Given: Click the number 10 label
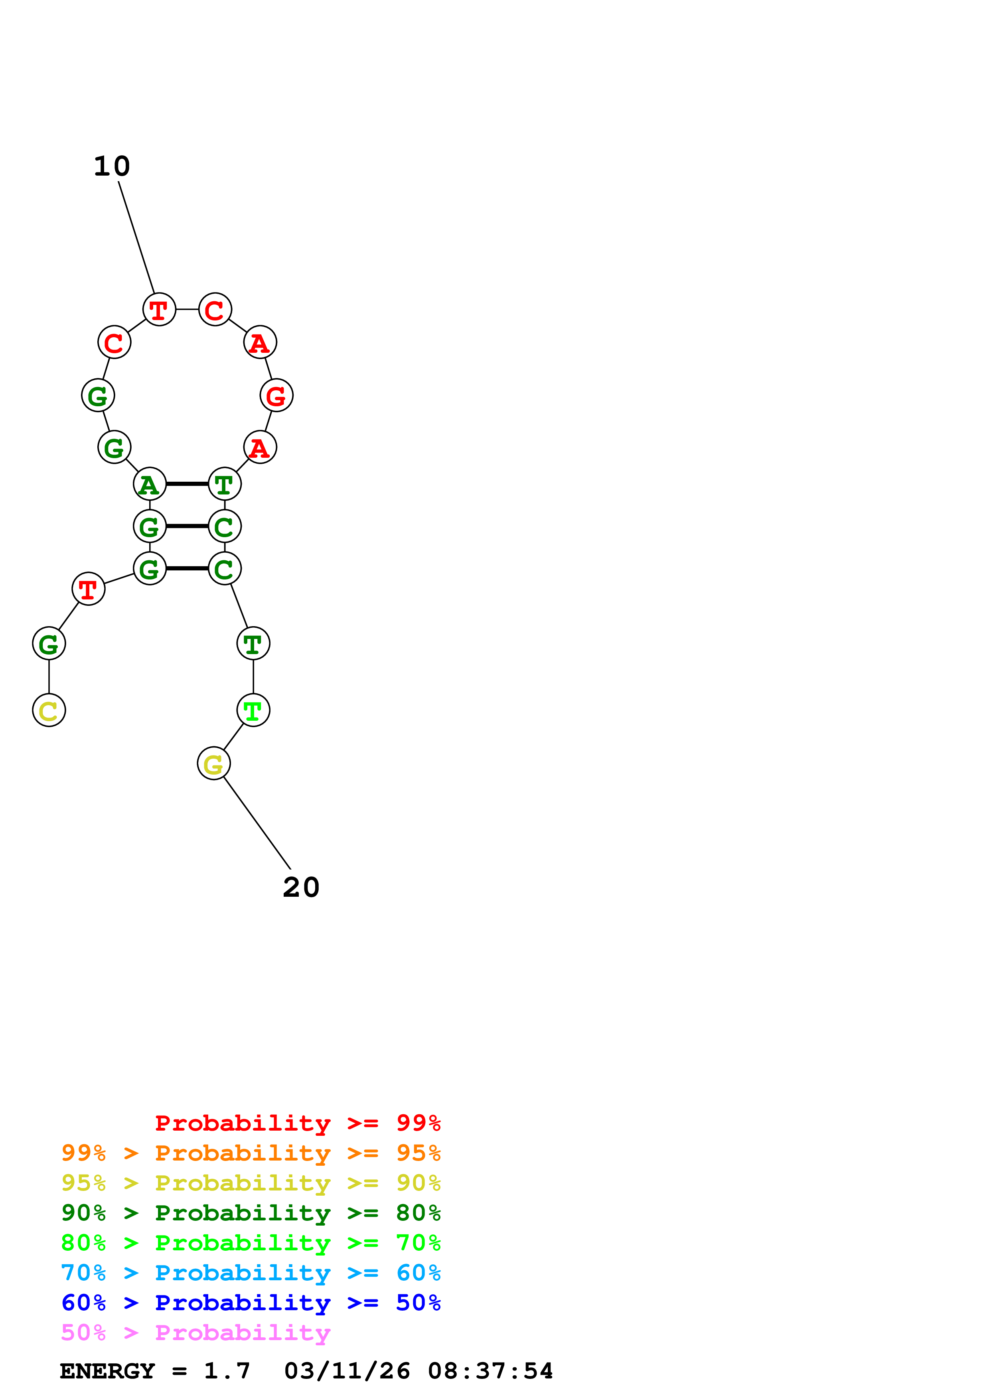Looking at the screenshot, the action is pos(112,166).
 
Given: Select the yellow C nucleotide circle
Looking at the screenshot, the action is pos(49,710).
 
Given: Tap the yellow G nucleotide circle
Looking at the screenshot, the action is pos(213,763).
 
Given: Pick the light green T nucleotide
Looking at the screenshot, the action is pos(253,710).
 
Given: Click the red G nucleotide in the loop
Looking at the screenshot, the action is pos(276,396).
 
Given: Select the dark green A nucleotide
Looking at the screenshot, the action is pos(149,484).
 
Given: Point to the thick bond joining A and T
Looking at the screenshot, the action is pos(187,484).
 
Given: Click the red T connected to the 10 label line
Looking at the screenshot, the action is pos(159,310).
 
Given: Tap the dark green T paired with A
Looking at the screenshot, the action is pos(224,484).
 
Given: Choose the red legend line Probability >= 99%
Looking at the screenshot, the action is pos(297,1123).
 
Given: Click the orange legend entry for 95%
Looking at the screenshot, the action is pos(251,1153).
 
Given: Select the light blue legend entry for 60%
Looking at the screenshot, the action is pos(251,1273).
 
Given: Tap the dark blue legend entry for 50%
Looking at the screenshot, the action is pos(251,1303).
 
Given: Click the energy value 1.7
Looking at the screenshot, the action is pos(227,1371).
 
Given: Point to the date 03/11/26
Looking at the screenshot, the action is pos(347,1371).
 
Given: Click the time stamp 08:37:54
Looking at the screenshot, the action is pos(490,1371).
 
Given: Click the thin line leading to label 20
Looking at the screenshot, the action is pos(257,823).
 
